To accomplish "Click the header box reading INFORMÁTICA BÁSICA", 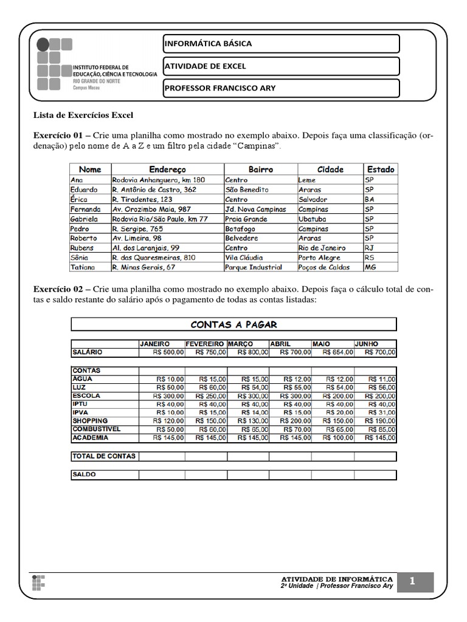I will [281, 44].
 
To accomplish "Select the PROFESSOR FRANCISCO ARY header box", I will [281, 88].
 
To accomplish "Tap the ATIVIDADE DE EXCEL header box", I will [281, 66].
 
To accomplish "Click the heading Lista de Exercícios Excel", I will [82, 115].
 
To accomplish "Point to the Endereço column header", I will [167, 169].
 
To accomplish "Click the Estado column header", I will [380, 169].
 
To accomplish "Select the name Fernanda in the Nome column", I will [85, 209].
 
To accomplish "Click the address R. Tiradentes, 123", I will [142, 199].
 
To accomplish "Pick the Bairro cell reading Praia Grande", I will [246, 219].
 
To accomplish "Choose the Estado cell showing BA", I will [370, 199].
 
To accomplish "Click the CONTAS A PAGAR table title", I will [234, 324].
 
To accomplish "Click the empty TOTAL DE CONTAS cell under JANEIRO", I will [162, 456].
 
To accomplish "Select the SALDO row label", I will [84, 475].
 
